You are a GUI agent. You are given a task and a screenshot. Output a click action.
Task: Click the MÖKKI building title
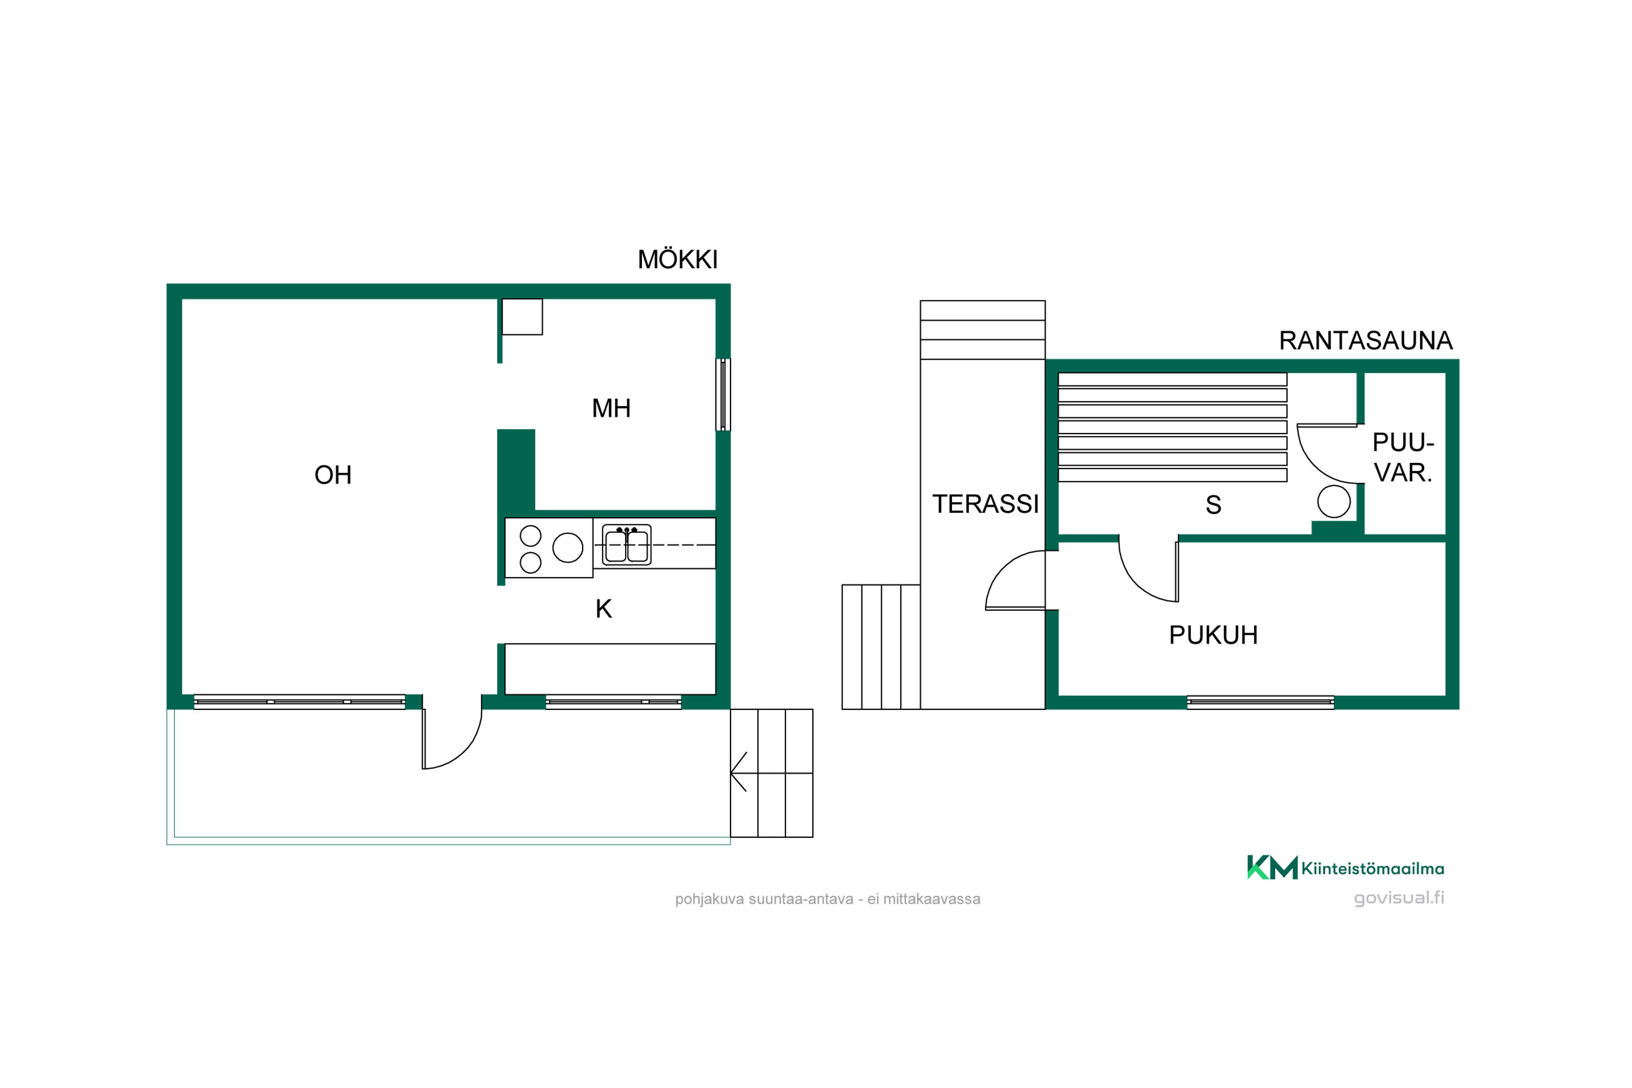[x=677, y=259]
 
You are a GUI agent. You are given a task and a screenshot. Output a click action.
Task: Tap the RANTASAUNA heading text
[x=1365, y=341]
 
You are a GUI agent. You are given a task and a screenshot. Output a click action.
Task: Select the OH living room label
[x=333, y=475]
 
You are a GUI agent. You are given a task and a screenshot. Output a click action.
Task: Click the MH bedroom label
[x=611, y=408]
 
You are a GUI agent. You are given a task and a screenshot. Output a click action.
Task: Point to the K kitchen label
[x=604, y=609]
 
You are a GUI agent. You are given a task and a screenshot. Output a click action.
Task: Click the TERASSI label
[x=985, y=504]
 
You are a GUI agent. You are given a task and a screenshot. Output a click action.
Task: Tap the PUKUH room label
[x=1213, y=635]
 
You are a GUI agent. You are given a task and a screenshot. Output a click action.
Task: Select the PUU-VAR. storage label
[x=1403, y=458]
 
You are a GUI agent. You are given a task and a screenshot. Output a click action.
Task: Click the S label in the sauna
[x=1213, y=505]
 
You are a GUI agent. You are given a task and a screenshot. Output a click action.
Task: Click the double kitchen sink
[x=627, y=545]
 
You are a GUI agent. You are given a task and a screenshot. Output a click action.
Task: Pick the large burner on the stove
[x=567, y=547]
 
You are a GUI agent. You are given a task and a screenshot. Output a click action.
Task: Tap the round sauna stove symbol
[x=1334, y=501]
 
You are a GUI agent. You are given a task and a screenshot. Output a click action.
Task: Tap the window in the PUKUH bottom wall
[x=1260, y=702]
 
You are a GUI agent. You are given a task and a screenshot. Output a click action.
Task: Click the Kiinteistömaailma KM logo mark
[x=1272, y=867]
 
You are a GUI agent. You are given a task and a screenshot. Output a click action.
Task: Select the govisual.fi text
[x=1399, y=898]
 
